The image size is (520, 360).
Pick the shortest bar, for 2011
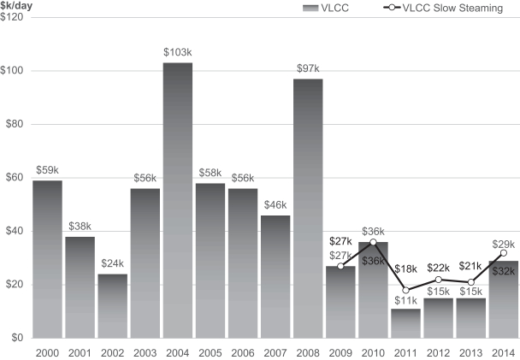click(x=405, y=322)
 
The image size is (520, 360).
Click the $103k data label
click(x=177, y=53)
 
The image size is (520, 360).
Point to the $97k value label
click(x=307, y=68)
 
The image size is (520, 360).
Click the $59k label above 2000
click(x=47, y=170)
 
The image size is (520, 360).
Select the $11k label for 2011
click(x=405, y=299)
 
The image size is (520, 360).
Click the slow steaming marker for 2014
click(x=503, y=253)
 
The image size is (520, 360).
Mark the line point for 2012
click(x=438, y=280)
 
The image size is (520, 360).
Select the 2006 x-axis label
click(x=242, y=351)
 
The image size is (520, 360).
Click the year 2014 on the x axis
click(x=503, y=351)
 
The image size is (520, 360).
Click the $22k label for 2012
click(x=438, y=268)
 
